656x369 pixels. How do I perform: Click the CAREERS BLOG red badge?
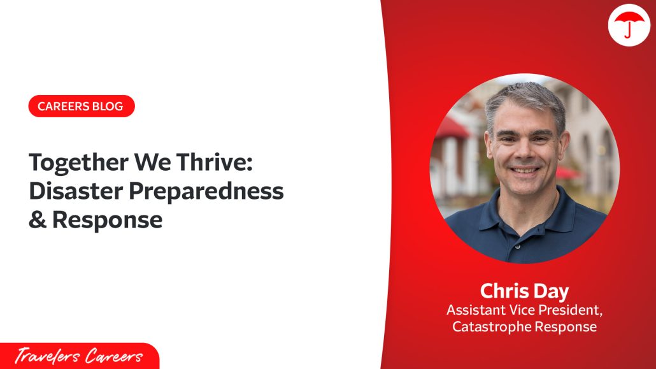tap(81, 106)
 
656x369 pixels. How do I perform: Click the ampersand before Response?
tap(37, 219)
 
